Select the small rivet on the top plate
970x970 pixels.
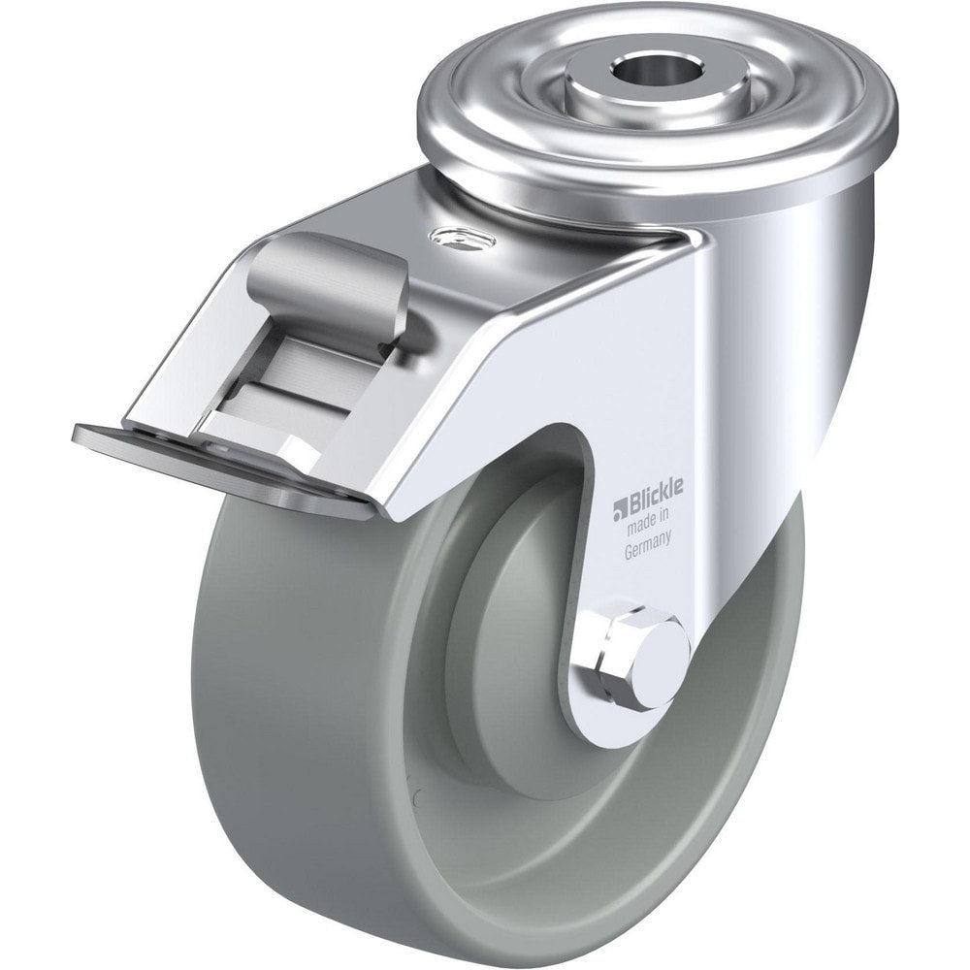click(462, 235)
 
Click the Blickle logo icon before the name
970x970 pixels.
click(617, 505)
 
